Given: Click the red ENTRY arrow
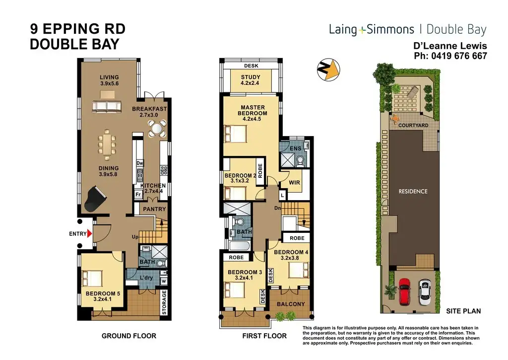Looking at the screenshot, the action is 90,233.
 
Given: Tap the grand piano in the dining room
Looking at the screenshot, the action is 95,199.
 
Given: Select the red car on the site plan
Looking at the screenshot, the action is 404,292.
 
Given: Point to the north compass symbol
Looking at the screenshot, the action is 328,70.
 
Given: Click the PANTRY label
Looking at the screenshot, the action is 154,209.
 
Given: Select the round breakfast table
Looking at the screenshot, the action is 157,128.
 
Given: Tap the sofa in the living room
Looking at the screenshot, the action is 107,107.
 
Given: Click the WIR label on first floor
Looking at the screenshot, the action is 294,183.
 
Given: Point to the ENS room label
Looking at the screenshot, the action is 296,148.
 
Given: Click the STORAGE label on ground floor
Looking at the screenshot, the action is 164,302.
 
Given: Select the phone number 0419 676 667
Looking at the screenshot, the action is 459,56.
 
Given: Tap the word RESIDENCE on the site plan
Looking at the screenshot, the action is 413,191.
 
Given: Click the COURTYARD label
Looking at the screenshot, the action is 413,125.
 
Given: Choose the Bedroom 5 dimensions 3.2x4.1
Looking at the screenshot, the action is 102,299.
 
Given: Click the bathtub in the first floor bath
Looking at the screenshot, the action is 240,245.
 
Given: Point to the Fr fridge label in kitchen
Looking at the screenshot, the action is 138,195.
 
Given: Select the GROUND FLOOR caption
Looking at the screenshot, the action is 129,336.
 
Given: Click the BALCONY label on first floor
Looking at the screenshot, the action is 291,304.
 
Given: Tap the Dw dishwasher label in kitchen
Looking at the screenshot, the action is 139,163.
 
